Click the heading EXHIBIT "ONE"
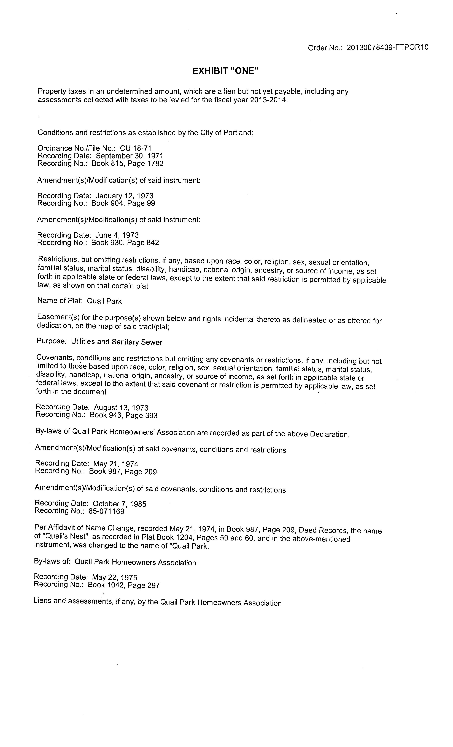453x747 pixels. click(226, 71)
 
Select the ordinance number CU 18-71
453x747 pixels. click(136, 148)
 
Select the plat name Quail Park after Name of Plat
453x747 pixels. click(104, 301)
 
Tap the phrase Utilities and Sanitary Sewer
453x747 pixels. click(117, 342)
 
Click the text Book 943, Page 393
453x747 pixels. click(123, 415)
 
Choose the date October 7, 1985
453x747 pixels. click(120, 504)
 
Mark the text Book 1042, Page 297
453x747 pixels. click(123, 585)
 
